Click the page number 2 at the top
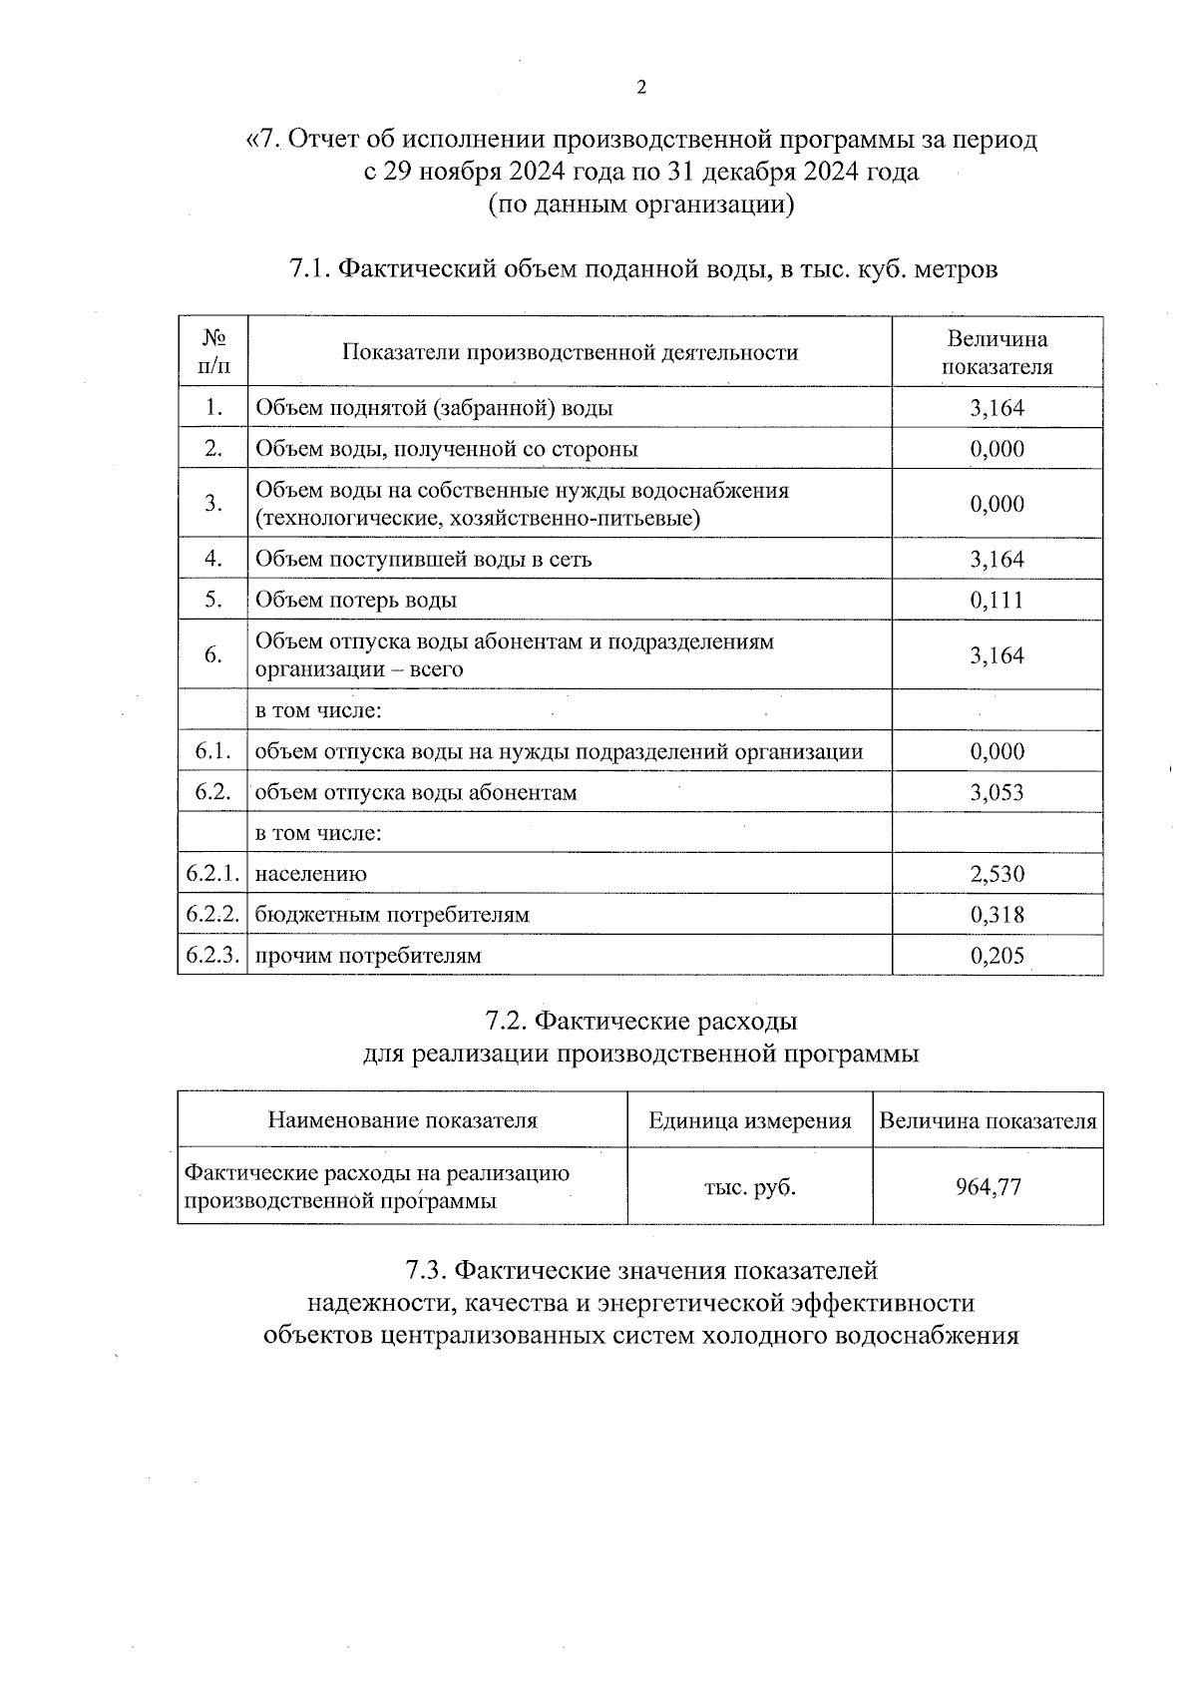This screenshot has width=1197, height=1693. tap(641, 88)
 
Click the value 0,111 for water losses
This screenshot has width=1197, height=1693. tap(997, 600)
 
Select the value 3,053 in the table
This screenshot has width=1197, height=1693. tap(997, 792)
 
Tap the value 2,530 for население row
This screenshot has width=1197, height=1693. tap(997, 874)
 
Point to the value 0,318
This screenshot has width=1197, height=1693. tap(997, 915)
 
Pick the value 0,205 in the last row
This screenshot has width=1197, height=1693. tap(997, 956)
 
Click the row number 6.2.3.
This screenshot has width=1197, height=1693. tap(212, 955)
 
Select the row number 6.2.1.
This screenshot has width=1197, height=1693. tap(212, 873)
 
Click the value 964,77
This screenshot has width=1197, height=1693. tap(988, 1187)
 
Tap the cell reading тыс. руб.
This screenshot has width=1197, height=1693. tap(750, 1187)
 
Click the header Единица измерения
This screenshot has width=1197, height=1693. tap(750, 1120)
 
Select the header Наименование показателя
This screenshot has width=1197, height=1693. tap(402, 1120)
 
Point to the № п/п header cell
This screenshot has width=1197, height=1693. tap(212, 351)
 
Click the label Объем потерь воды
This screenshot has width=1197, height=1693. tap(356, 600)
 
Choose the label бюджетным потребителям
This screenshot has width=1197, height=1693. tap(392, 915)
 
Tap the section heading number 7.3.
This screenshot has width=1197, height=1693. tap(426, 1271)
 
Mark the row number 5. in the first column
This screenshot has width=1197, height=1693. tap(212, 599)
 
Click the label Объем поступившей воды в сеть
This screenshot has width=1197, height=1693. tap(424, 559)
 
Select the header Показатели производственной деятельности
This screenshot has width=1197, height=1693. tap(570, 352)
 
